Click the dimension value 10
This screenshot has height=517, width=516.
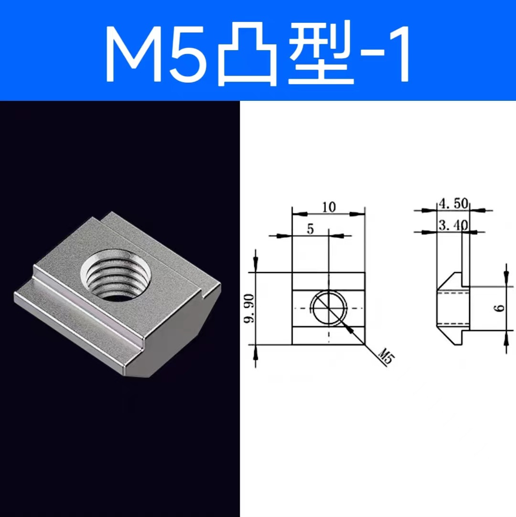[329, 207]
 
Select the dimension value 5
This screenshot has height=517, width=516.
[310, 229]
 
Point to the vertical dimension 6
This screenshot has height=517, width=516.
[500, 308]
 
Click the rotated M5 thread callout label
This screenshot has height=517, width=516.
[385, 356]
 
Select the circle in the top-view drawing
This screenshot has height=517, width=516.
[329, 309]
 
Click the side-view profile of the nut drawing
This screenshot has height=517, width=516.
[451, 308]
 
